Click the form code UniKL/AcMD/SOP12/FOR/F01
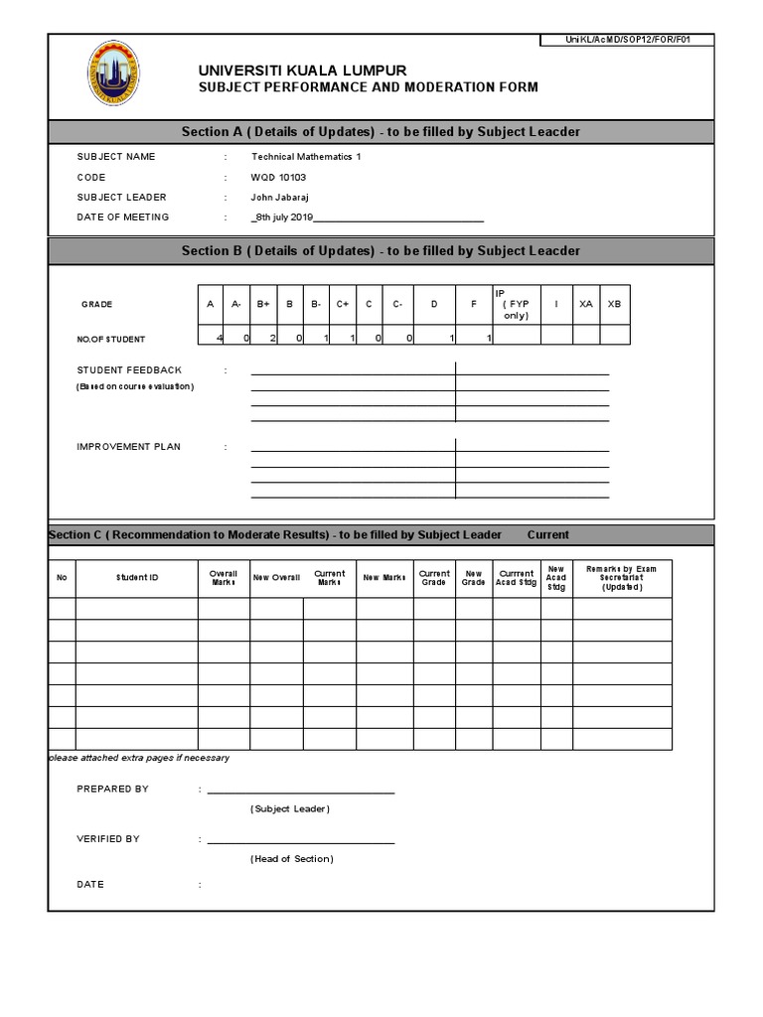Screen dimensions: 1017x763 point(627,40)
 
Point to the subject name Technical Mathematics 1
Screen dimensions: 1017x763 point(299,157)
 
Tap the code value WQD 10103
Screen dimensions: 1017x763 point(278,177)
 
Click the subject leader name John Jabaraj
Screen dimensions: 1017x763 point(280,197)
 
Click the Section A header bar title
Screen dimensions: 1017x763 point(381,132)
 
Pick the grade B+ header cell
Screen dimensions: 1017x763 point(263,304)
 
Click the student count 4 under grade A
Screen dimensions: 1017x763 point(219,339)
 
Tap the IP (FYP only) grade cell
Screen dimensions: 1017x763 point(517,304)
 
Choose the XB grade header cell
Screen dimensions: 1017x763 point(614,304)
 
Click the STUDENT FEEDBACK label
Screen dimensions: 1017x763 point(129,369)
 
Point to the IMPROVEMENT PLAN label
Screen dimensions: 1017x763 point(129,447)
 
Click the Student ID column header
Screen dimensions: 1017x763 point(137,577)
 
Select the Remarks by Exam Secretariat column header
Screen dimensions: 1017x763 point(622,578)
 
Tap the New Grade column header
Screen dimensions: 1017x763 point(474,578)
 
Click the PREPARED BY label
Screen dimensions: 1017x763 point(112,789)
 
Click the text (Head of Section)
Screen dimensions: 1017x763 point(292,859)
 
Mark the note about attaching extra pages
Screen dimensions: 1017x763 point(139,758)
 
